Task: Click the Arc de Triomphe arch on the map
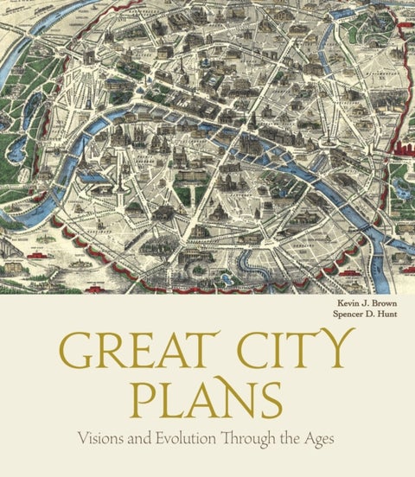click(x=89, y=58)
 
